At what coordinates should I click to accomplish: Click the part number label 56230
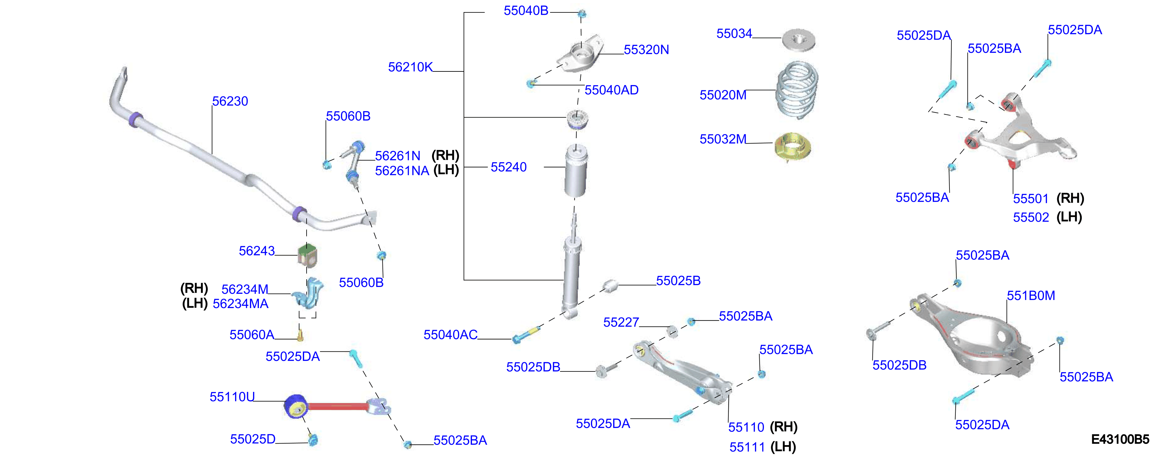tap(230, 101)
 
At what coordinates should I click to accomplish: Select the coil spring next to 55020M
tap(796, 90)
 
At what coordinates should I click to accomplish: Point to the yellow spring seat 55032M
tap(792, 147)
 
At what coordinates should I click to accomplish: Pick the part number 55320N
tap(646, 49)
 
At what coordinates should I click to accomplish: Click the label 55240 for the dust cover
tap(508, 167)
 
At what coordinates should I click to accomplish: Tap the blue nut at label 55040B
tap(582, 14)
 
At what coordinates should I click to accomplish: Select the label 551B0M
tap(1031, 295)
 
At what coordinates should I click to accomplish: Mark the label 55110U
tap(232, 397)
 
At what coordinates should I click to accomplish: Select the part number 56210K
tap(410, 67)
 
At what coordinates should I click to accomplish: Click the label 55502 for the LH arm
tap(1031, 217)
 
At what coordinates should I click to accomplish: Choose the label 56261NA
tap(402, 171)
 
